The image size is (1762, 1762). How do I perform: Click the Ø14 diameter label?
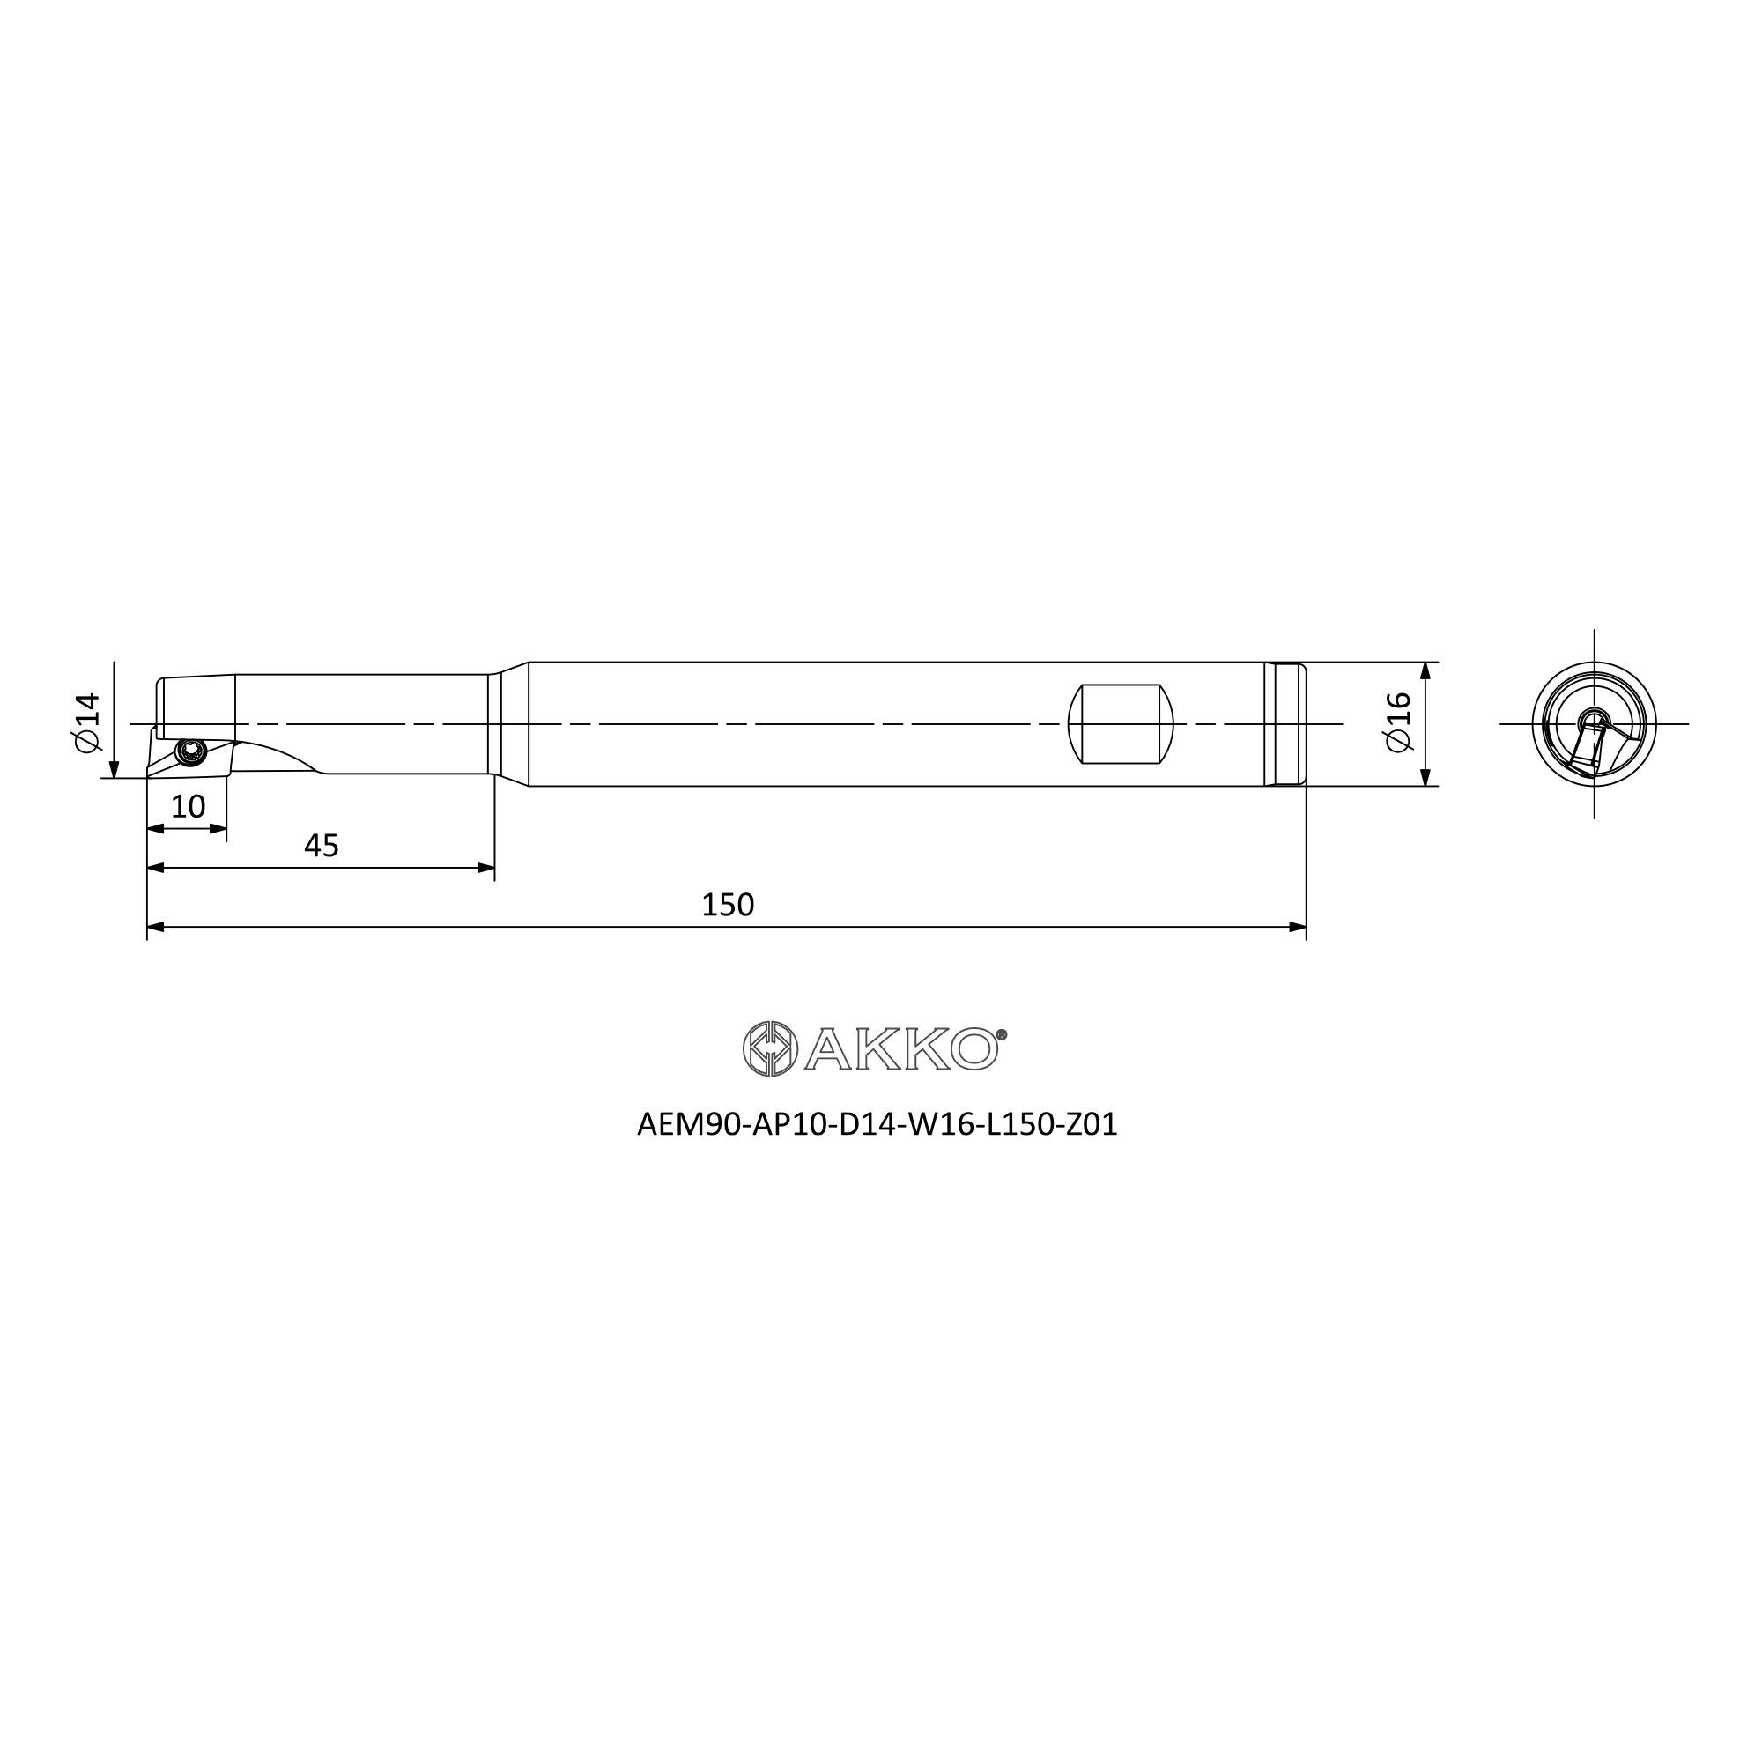click(86, 723)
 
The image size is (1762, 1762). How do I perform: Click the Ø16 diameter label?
click(1398, 722)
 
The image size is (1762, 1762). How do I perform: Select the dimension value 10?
click(188, 806)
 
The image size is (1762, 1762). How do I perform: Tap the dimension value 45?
click(321, 847)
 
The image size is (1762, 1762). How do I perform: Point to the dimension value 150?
click(728, 905)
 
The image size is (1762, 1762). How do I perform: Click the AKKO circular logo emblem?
click(771, 1048)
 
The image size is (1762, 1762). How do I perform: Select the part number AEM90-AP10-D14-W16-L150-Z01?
click(877, 1124)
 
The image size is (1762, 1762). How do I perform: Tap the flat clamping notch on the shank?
click(1121, 724)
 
